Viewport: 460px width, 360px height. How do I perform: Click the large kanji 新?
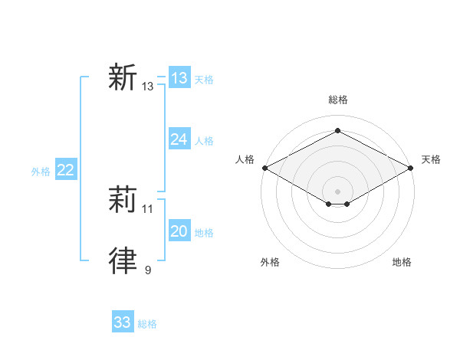pos(123,78)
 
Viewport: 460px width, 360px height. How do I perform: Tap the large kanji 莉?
pos(123,200)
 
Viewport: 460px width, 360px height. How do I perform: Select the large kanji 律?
pos(123,260)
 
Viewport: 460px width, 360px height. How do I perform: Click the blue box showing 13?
pos(179,78)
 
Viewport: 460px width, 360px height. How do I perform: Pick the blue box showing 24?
pos(179,139)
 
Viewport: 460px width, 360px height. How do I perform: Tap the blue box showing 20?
pos(179,231)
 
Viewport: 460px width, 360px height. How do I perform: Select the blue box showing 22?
pos(65,170)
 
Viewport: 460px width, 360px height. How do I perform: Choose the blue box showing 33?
pos(123,322)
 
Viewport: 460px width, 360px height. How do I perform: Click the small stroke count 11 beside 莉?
pos(148,208)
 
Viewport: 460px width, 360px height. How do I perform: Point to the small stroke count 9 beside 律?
pos(148,270)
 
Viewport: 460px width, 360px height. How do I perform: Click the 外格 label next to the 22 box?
pos(41,172)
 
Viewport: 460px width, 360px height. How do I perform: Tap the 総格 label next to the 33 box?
pos(147,324)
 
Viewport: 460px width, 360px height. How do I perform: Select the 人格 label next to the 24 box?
pos(204,141)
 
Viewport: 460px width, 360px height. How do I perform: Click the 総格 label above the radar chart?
pos(337,100)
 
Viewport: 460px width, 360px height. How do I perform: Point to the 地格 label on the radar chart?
pos(402,262)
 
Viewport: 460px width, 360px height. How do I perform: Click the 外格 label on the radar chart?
pos(270,262)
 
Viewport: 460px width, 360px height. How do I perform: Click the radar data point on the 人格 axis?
pos(264,168)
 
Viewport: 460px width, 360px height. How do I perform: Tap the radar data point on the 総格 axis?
pos(337,131)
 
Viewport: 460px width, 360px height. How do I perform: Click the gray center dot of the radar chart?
pos(337,190)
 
